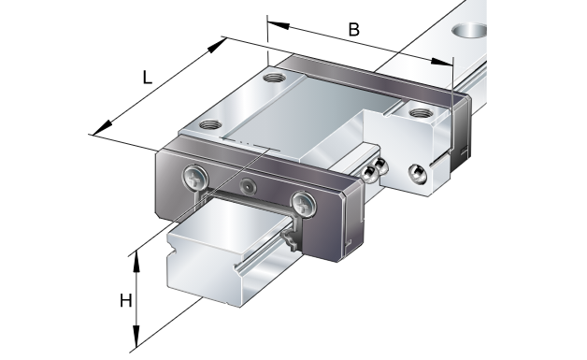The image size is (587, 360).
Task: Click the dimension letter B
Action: click(x=353, y=30)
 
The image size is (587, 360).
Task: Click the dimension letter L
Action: click(x=148, y=78)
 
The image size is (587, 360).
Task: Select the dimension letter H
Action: click(x=126, y=301)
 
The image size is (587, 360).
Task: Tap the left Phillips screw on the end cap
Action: click(x=195, y=177)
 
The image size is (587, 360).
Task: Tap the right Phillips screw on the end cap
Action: click(x=304, y=204)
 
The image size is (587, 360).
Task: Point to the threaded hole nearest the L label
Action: click(x=275, y=78)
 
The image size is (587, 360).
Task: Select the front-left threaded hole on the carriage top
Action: click(x=210, y=124)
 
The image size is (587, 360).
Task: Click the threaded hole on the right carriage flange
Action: click(x=421, y=113)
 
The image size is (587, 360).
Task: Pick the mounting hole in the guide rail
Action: click(x=469, y=31)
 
